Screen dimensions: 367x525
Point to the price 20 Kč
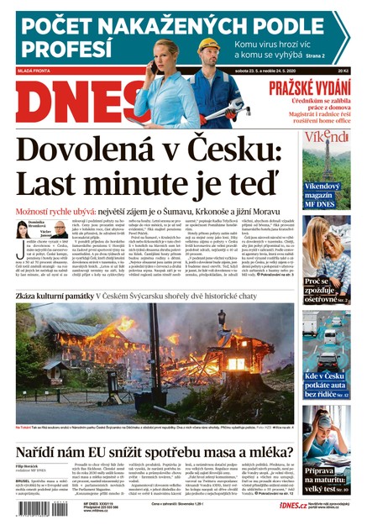click(341, 72)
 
